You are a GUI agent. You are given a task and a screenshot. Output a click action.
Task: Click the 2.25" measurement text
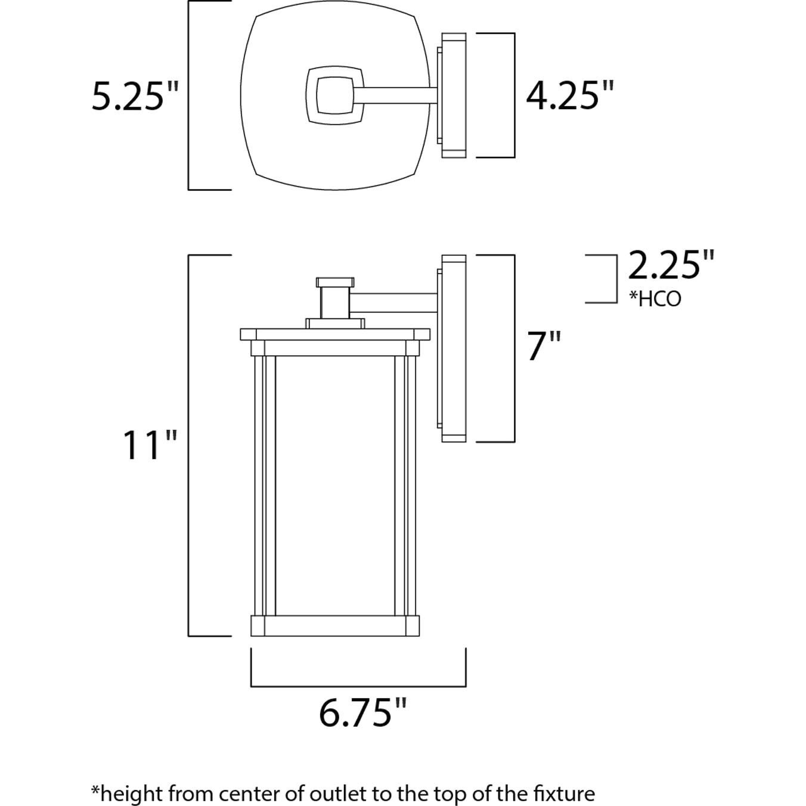click(x=671, y=266)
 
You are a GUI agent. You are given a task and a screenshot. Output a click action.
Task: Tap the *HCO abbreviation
click(x=655, y=299)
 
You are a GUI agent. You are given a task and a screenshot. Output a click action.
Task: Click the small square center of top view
click(x=334, y=95)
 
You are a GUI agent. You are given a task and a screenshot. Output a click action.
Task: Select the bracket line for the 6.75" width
click(x=358, y=686)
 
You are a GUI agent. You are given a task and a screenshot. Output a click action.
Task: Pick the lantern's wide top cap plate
click(x=335, y=334)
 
